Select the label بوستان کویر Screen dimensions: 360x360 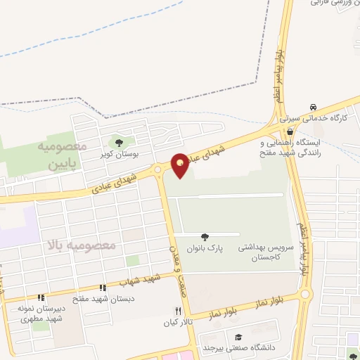[x=117, y=153]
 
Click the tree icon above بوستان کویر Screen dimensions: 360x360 [x=117, y=141]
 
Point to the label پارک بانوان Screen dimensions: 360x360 [x=204, y=249]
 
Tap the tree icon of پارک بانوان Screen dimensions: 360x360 [x=205, y=238]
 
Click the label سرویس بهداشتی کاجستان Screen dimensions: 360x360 [x=264, y=253]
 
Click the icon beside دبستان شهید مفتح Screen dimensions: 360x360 [x=103, y=288]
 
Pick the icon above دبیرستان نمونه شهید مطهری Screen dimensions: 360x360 [x=41, y=297]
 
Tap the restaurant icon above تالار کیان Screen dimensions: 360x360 [x=179, y=311]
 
